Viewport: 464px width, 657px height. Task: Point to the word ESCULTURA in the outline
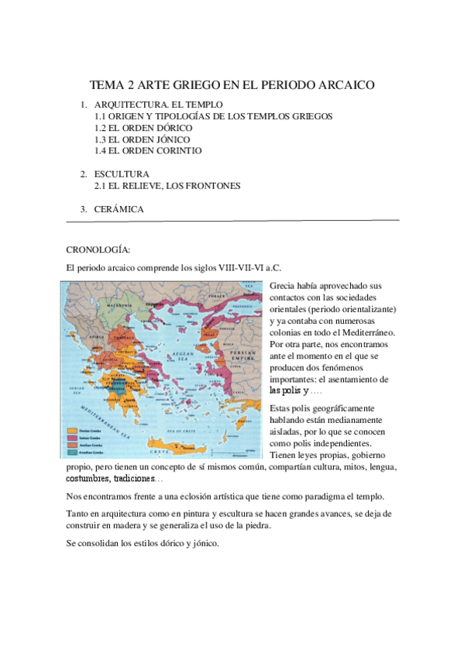122,174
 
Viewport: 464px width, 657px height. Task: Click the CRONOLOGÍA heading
98,250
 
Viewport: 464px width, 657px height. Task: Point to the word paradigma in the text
325,497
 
